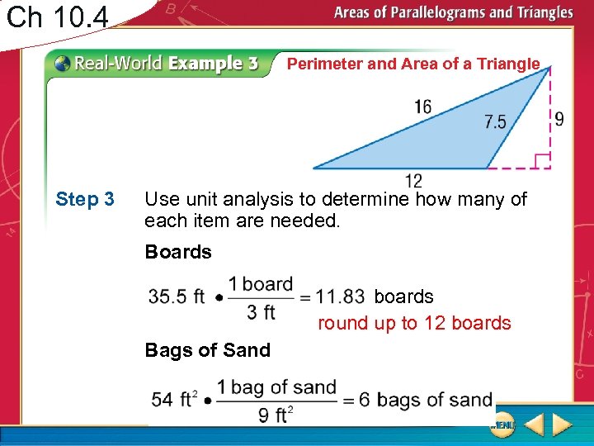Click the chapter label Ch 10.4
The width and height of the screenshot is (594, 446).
coord(57,16)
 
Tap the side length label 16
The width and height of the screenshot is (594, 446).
coord(422,107)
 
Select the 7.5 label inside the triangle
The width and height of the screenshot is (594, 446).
coord(495,122)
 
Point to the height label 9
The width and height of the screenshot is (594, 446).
coord(559,119)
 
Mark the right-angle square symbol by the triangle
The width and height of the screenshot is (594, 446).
coord(541,160)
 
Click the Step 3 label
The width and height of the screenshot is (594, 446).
coord(85,200)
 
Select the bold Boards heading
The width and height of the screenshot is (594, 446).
coord(178,252)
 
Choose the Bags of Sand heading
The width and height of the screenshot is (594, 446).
coord(207,350)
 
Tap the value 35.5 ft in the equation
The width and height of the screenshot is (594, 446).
coord(177,297)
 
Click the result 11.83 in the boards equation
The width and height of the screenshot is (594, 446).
coord(340,297)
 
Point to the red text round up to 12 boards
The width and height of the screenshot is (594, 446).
coord(414,323)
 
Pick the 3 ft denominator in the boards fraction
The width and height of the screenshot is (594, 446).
coord(262,311)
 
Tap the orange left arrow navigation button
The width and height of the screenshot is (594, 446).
coord(534,426)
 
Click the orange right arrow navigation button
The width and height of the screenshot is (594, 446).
coord(563,426)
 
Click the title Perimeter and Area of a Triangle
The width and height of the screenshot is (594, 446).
coord(412,64)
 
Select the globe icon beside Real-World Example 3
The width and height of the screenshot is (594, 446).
coord(63,64)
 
